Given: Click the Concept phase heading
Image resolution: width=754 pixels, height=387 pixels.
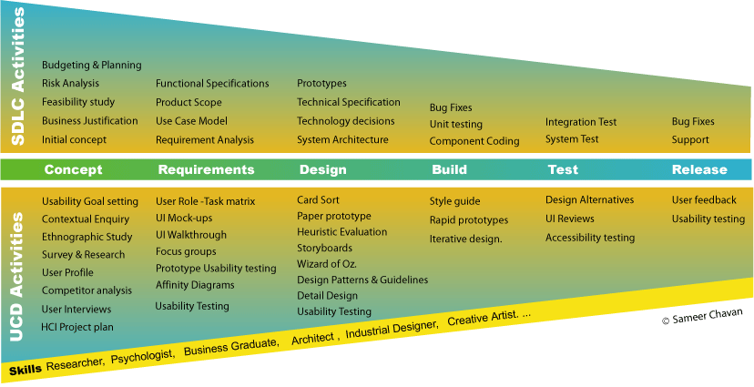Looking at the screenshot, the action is (73, 169).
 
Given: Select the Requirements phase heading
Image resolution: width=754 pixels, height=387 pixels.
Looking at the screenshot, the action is (206, 169).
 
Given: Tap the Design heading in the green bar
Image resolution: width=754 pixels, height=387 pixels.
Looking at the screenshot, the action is (322, 169).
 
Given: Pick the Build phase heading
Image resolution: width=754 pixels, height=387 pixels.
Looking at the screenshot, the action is (449, 169).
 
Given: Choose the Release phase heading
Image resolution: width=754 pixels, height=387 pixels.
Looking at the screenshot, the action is (699, 169).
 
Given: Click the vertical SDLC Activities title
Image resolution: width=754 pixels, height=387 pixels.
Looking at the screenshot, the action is (18, 76).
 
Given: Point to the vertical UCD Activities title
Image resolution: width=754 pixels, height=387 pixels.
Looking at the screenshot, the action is (18, 277).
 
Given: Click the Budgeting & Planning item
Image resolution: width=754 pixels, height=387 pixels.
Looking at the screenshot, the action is (91, 65).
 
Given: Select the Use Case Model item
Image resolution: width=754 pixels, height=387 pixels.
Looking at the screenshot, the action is (191, 121).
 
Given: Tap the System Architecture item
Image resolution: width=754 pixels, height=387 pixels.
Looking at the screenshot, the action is (342, 140).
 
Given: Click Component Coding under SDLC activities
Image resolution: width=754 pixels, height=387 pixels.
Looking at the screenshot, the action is (474, 141).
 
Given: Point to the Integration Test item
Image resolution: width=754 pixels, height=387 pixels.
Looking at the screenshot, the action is (581, 123).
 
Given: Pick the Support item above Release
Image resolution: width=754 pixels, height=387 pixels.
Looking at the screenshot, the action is (690, 140).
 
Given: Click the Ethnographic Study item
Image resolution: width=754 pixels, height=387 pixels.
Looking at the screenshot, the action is (87, 237).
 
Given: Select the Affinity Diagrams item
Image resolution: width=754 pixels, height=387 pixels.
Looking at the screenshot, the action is (195, 286).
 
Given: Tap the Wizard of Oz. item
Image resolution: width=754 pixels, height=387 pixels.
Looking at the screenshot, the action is (327, 264).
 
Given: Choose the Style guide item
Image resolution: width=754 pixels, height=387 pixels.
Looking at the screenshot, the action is (454, 201).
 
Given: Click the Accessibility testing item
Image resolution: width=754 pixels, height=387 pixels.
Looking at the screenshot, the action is (590, 238).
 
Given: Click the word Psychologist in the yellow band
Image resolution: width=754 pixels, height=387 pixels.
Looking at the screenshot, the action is (142, 357).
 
